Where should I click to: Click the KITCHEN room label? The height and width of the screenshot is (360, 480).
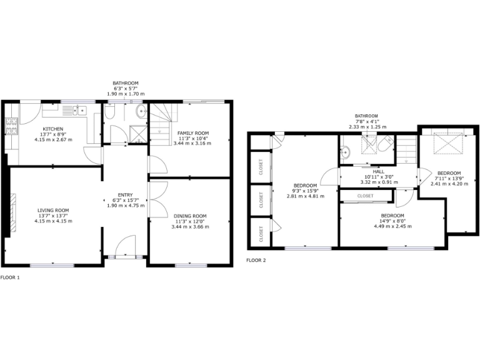(52, 129)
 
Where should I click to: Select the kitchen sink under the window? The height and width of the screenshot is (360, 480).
(79, 111)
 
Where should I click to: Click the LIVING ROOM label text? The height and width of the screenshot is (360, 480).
(52, 210)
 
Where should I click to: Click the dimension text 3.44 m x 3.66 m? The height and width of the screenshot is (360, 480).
(191, 227)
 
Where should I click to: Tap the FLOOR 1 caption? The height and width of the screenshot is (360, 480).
(10, 277)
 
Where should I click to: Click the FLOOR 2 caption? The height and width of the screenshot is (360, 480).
(256, 260)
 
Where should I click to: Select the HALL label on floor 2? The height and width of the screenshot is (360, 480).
(378, 171)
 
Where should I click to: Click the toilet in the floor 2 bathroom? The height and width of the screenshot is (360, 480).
(384, 145)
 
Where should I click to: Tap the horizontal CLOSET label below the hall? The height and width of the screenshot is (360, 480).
(366, 196)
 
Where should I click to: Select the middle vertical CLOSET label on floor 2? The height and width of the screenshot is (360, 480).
(261, 199)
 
